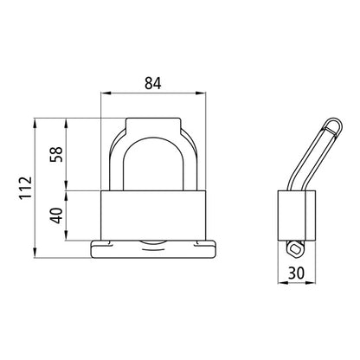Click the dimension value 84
click(155, 84)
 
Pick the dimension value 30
click(296, 273)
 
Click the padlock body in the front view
click(155, 216)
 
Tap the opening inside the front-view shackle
click(155, 164)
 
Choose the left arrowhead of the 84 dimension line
click(105, 94)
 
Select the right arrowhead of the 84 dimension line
click(205, 94)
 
